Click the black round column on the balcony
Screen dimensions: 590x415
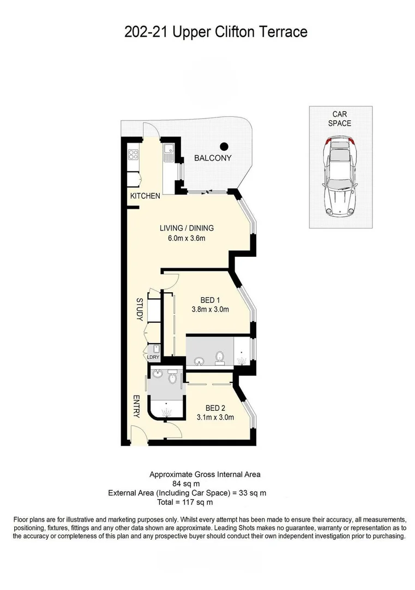224,146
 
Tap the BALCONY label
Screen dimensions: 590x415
213,158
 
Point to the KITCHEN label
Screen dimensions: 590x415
145,196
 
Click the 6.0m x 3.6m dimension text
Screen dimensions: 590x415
187,238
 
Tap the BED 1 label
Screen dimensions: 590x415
210,299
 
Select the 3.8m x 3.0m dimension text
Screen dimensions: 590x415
210,309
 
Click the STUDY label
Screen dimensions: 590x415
139,309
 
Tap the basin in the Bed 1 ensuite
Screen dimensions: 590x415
199,361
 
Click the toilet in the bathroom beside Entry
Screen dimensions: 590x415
172,377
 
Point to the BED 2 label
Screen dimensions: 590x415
215,408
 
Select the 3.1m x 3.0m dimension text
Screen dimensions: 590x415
215,418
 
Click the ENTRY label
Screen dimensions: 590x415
136,407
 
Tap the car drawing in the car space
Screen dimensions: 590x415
340,178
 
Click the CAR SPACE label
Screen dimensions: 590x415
340,119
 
